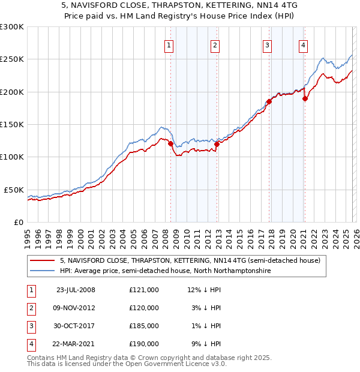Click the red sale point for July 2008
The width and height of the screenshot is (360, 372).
click(170, 144)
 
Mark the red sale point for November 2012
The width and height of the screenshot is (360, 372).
click(217, 144)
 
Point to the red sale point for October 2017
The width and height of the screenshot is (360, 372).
click(269, 101)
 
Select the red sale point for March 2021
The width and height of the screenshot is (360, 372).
click(305, 98)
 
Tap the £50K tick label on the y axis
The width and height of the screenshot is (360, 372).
click(14, 190)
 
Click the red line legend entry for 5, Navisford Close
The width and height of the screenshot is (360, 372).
click(191, 260)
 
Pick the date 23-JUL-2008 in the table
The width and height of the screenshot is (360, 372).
click(76, 290)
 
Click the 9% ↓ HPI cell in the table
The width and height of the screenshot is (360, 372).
click(204, 344)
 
